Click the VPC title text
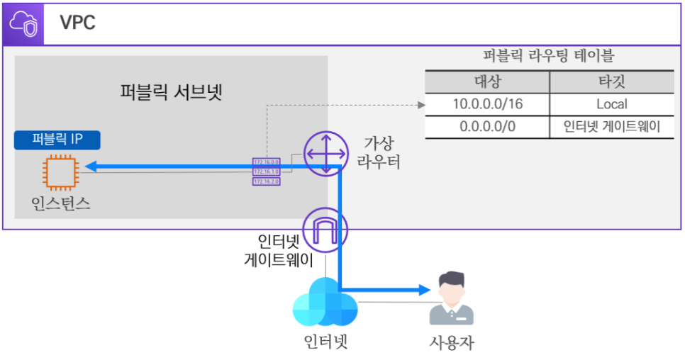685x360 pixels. [77, 23]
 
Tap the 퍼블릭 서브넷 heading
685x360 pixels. [172, 92]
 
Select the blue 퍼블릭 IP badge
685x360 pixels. [57, 139]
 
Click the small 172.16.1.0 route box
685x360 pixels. [266, 171]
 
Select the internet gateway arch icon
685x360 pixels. [323, 229]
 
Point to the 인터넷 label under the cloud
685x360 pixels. [325, 342]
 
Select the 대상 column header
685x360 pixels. [487, 81]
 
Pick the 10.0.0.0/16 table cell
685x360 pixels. [487, 104]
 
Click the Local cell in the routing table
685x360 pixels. [611, 104]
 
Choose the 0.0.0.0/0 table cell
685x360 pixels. [487, 127]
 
